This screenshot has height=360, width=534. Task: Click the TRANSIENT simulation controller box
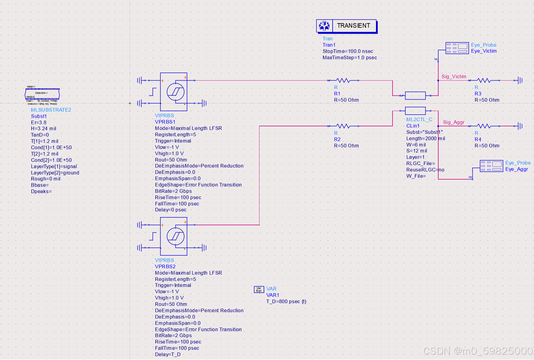click(346, 26)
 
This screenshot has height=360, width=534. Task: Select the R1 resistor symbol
click(343, 80)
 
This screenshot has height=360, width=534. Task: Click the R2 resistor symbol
click(343, 126)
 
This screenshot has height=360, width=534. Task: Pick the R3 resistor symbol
click(484, 80)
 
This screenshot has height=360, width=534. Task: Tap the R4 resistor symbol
click(484, 126)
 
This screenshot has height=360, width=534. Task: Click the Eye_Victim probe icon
click(457, 48)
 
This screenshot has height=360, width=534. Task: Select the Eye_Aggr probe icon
click(491, 166)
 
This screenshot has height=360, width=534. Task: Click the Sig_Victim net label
click(454, 76)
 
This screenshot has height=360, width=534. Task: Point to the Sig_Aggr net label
click(454, 122)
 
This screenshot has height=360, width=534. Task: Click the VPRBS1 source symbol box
click(174, 92)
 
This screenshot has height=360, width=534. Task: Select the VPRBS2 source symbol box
click(174, 236)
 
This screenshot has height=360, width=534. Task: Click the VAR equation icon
click(259, 289)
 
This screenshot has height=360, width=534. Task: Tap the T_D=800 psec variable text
click(286, 301)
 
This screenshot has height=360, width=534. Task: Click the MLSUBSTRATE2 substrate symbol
click(42, 94)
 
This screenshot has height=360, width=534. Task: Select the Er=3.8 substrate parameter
click(39, 122)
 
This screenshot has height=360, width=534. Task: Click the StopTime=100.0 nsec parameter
click(348, 51)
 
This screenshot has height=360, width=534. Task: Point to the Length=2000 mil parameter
click(425, 138)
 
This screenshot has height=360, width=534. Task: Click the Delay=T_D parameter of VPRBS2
click(168, 354)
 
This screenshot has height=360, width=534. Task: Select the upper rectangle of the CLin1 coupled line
click(415, 96)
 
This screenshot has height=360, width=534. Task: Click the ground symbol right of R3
click(520, 80)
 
